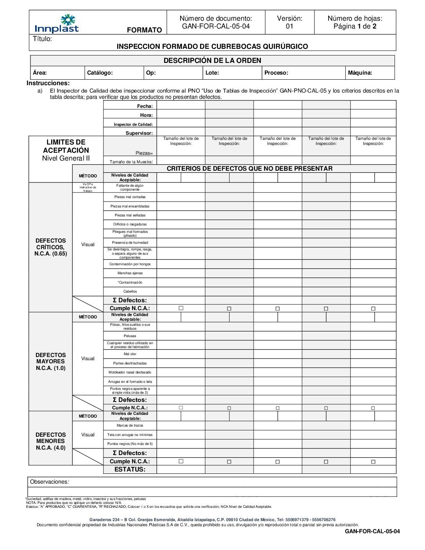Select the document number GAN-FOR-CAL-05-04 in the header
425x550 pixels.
pyautogui.click(x=216, y=27)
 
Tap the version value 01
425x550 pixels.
pyautogui.click(x=289, y=27)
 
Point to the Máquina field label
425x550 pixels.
pyautogui.click(x=360, y=73)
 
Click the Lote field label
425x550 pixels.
pyautogui.click(x=212, y=73)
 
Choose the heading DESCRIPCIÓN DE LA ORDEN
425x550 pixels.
pyautogui.click(x=212, y=61)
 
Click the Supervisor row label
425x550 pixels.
pyautogui.click(x=139, y=133)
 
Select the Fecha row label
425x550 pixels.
pyautogui.click(x=145, y=106)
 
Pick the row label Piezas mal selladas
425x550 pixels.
pyautogui.click(x=130, y=215)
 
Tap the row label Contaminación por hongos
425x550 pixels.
pyautogui.click(x=130, y=264)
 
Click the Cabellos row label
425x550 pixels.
pyautogui.click(x=130, y=291)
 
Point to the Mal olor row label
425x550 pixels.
pyautogui.click(x=130, y=354)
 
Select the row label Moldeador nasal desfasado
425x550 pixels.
pyautogui.click(x=130, y=372)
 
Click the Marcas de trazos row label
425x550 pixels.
pyautogui.click(x=130, y=425)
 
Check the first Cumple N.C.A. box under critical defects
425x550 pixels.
pyautogui.click(x=181, y=308)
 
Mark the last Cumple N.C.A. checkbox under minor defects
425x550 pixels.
pyautogui.click(x=373, y=462)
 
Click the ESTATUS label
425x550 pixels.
pyautogui.click(x=130, y=470)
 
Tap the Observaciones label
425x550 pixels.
pyautogui.click(x=49, y=482)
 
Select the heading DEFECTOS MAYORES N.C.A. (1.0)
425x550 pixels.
pyautogui.click(x=51, y=362)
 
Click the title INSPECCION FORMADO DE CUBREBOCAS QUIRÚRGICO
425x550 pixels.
pyautogui.click(x=212, y=46)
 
